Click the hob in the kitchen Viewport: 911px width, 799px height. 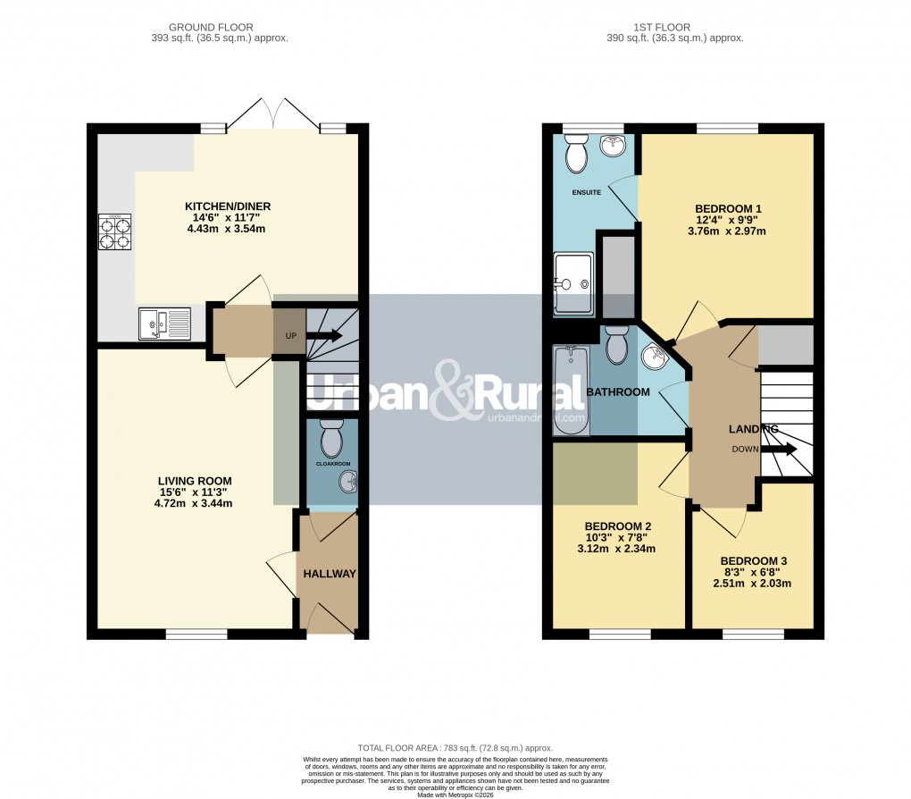pyautogui.click(x=114, y=232)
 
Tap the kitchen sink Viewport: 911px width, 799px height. pyautogui.click(x=163, y=323)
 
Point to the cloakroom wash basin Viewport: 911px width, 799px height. pyautogui.click(x=347, y=484)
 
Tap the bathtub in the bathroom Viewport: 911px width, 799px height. pyautogui.click(x=569, y=391)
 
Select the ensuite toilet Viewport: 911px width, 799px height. pyautogui.click(x=576, y=156)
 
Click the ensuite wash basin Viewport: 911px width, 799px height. pyautogui.click(x=614, y=146)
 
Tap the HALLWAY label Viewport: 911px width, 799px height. pyautogui.click(x=329, y=574)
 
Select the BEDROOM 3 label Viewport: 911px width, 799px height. pyautogui.click(x=754, y=561)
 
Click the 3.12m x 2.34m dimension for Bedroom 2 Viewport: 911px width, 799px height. pyautogui.click(x=616, y=549)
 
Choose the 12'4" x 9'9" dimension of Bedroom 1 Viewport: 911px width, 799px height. pyautogui.click(x=727, y=220)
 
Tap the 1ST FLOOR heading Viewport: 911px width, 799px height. pyautogui.click(x=674, y=27)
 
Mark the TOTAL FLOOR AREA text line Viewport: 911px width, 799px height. pyautogui.click(x=455, y=748)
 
